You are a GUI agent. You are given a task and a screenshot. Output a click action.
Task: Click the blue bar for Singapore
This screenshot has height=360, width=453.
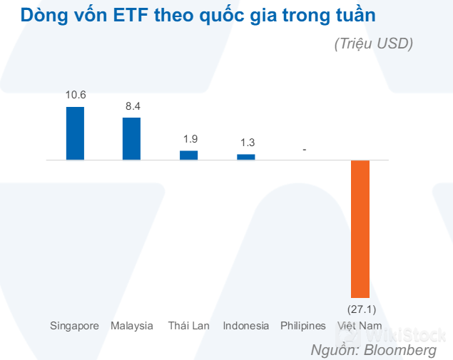pos(75,133)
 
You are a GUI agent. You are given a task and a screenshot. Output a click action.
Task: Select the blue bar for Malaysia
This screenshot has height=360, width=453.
pos(132,138)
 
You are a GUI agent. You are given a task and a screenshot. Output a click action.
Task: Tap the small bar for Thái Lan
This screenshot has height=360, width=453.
pos(188,155)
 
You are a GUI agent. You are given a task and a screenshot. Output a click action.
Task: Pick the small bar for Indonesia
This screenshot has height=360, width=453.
pos(246,157)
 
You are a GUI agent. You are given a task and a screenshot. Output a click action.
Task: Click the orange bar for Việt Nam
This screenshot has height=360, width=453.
pos(360,228)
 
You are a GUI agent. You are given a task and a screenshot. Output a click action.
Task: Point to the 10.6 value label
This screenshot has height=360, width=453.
pos(75,94)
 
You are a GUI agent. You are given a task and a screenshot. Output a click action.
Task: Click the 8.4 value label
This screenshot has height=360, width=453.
pos(133,106)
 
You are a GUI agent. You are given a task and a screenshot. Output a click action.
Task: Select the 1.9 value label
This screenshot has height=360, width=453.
pos(189,139)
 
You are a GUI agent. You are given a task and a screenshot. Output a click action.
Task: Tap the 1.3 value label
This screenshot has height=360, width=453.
pos(246,142)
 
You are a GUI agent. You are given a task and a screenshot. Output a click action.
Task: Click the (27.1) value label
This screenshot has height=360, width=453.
pos(361,309)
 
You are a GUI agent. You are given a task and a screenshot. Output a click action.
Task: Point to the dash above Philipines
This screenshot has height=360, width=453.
pos(305,150)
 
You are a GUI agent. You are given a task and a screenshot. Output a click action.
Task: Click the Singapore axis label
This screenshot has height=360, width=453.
pos(74,326)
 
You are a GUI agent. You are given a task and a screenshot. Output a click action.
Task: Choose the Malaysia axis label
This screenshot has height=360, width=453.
pos(132,326)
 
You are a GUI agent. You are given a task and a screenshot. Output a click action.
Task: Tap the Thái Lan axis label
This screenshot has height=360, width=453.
pos(189,326)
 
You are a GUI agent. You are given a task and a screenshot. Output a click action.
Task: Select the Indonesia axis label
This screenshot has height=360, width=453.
pos(246,326)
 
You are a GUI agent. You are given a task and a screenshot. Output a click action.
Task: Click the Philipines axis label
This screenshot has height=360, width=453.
pos(303,326)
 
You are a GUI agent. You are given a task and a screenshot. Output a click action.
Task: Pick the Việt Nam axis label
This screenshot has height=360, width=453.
pos(360,326)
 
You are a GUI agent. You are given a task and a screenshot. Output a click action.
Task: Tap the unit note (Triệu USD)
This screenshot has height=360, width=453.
pos(373,44)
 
